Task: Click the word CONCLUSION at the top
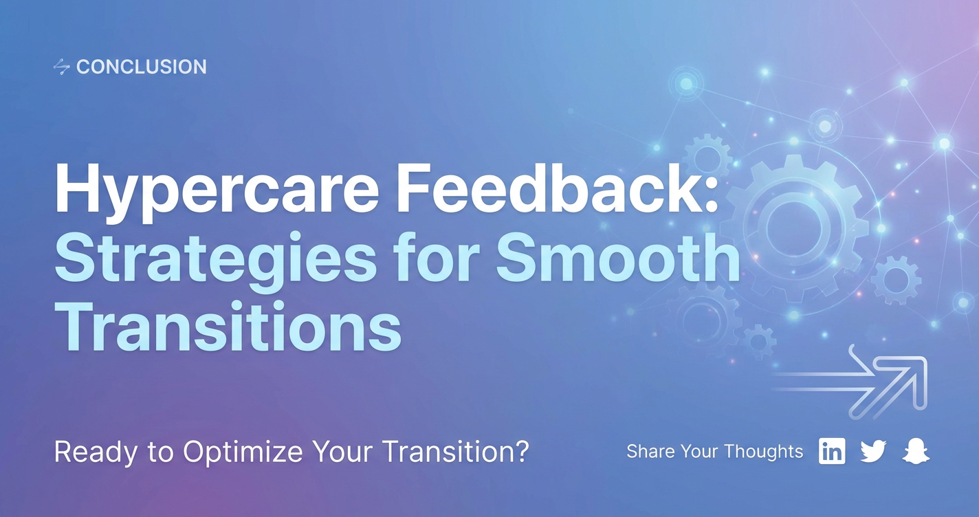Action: pyautogui.click(x=141, y=67)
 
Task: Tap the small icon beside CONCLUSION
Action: pyautogui.click(x=61, y=67)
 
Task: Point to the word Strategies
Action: pyautogui.click(x=215, y=260)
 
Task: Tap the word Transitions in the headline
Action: pyautogui.click(x=228, y=327)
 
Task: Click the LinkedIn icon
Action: pyautogui.click(x=832, y=450)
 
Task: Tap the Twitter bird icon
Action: pyautogui.click(x=873, y=451)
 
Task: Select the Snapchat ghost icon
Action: pyautogui.click(x=916, y=451)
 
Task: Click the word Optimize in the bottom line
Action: pyautogui.click(x=243, y=452)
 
